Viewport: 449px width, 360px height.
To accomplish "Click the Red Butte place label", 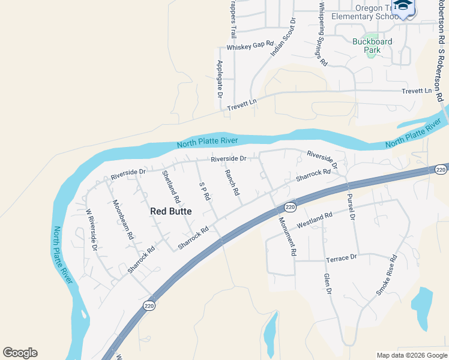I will [x=171, y=211].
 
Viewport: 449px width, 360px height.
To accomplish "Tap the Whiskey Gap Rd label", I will [x=250, y=46].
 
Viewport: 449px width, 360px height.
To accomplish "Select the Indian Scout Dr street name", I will [x=284, y=37].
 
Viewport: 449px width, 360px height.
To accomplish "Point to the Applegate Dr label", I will [x=220, y=79].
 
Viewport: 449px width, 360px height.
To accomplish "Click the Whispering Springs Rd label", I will [x=322, y=34].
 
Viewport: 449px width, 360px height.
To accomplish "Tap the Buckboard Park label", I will [x=372, y=46].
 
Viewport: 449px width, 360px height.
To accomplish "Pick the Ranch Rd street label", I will [x=232, y=182].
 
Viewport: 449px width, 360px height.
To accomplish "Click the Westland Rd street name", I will [x=314, y=220].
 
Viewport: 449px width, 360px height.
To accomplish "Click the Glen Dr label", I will [x=328, y=283].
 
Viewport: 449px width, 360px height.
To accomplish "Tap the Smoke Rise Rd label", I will [x=387, y=275].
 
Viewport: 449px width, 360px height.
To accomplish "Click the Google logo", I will [x=20, y=353].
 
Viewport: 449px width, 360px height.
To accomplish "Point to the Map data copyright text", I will [x=411, y=355].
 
